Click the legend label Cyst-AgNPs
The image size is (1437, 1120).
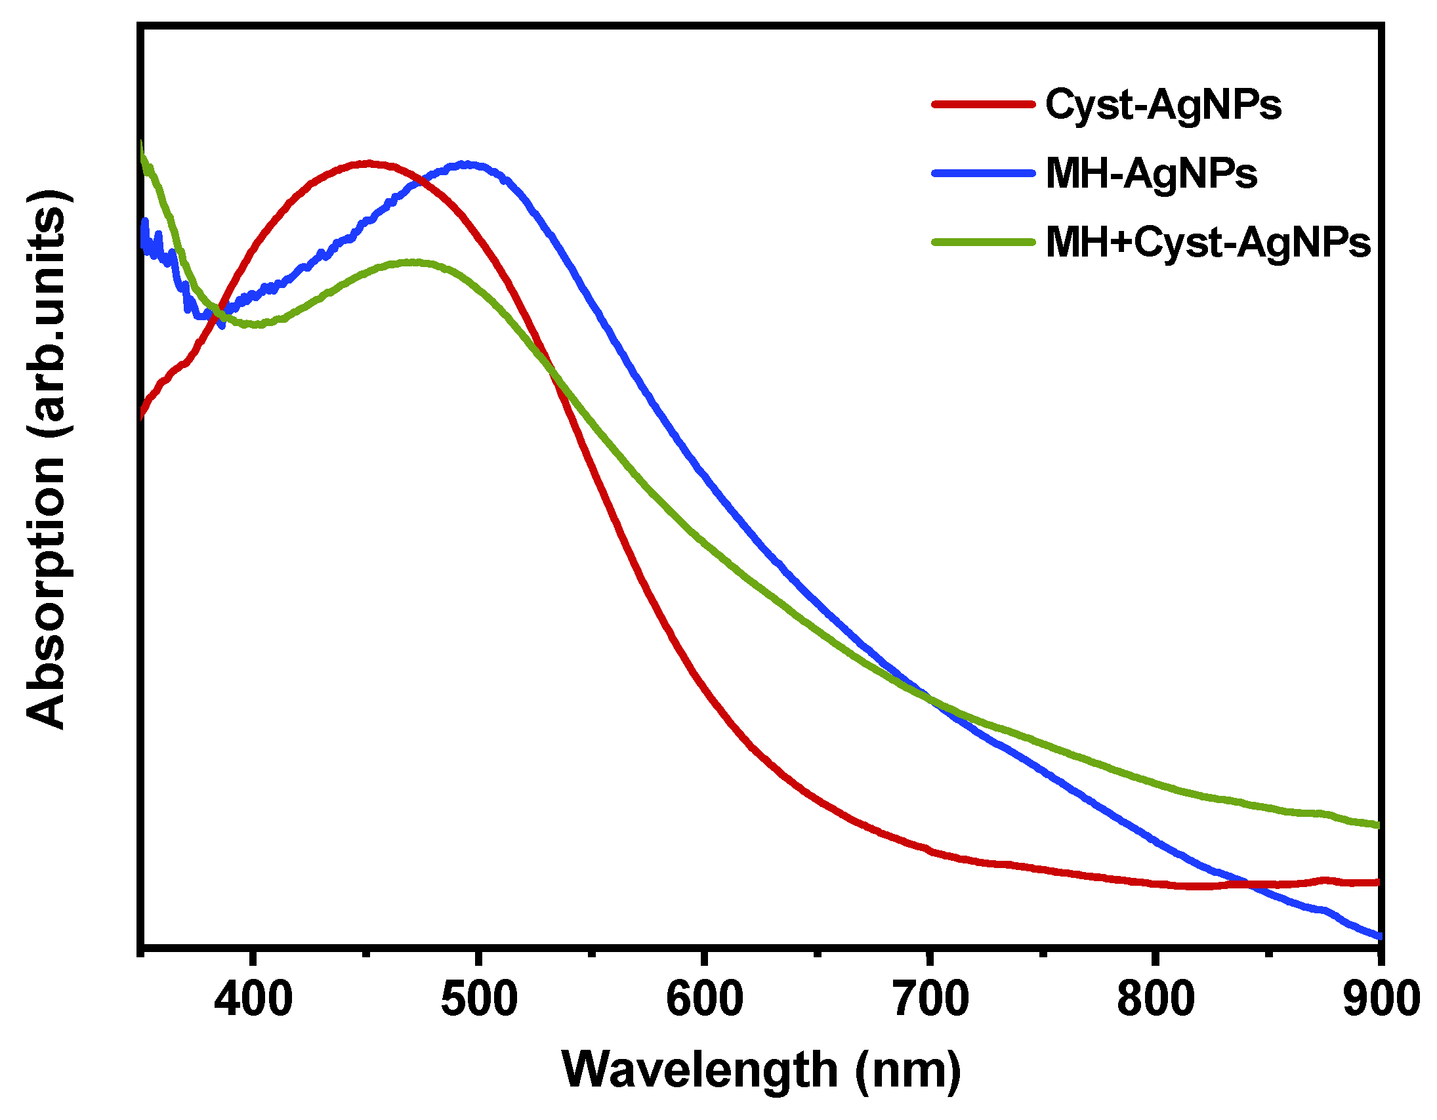click(1163, 105)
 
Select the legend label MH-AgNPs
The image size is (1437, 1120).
click(1151, 175)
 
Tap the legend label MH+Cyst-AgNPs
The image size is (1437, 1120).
click(1207, 243)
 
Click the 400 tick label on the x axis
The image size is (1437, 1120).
click(253, 999)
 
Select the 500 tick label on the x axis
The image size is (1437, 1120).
click(479, 999)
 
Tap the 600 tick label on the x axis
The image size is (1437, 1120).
click(704, 999)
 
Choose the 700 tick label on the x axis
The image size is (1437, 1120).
click(930, 999)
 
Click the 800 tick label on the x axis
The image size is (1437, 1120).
click(1156, 999)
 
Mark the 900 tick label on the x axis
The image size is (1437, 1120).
click(1381, 999)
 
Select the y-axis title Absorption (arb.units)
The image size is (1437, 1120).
click(46, 459)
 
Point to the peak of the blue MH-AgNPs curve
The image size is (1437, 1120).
click(466, 164)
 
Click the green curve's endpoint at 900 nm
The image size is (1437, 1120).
click(1377, 825)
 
